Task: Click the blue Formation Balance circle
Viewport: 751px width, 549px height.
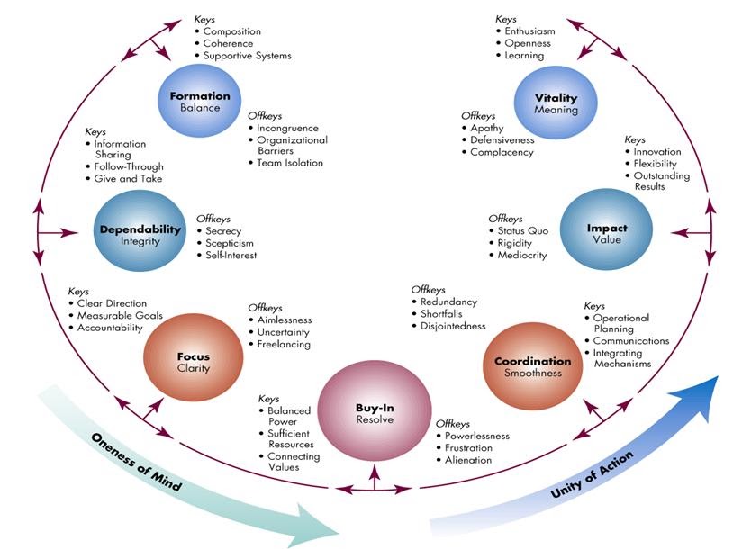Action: [x=200, y=101]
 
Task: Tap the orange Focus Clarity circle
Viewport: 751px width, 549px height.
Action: [x=193, y=361]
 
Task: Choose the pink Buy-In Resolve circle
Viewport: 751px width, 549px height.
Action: [x=375, y=413]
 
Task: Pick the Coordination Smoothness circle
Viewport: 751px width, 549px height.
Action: [x=532, y=367]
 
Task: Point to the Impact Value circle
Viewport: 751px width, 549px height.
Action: [x=607, y=234]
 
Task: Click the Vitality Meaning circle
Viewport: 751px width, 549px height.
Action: [x=556, y=103]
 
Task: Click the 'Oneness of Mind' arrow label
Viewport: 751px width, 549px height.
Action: [x=136, y=462]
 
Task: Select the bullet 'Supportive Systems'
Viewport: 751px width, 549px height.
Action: [x=247, y=56]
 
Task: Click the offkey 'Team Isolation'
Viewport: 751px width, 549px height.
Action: [x=290, y=163]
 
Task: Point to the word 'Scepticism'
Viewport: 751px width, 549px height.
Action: [x=230, y=243]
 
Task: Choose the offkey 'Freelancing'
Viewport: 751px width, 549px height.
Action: [x=284, y=345]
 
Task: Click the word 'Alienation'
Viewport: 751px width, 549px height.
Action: [x=468, y=460]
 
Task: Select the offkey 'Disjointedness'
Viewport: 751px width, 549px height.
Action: [x=453, y=326]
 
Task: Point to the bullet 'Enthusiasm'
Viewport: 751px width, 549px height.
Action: [x=529, y=31]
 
